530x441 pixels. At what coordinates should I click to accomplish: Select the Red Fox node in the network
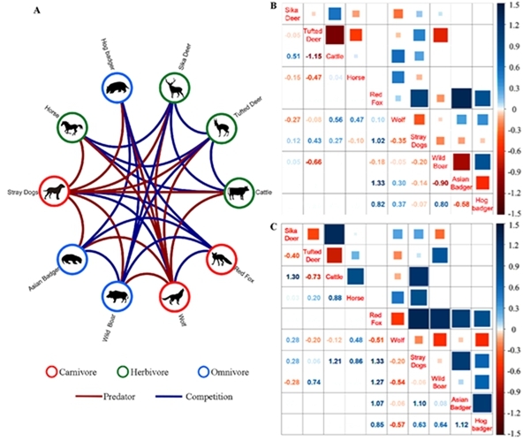[219, 260]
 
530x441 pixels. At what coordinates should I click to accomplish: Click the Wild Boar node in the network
[117, 293]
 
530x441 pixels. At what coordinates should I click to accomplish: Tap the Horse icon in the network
[73, 129]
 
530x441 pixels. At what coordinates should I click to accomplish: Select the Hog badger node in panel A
[118, 89]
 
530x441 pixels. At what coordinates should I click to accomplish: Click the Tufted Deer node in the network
[221, 128]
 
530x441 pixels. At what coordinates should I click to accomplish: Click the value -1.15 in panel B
[312, 56]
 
